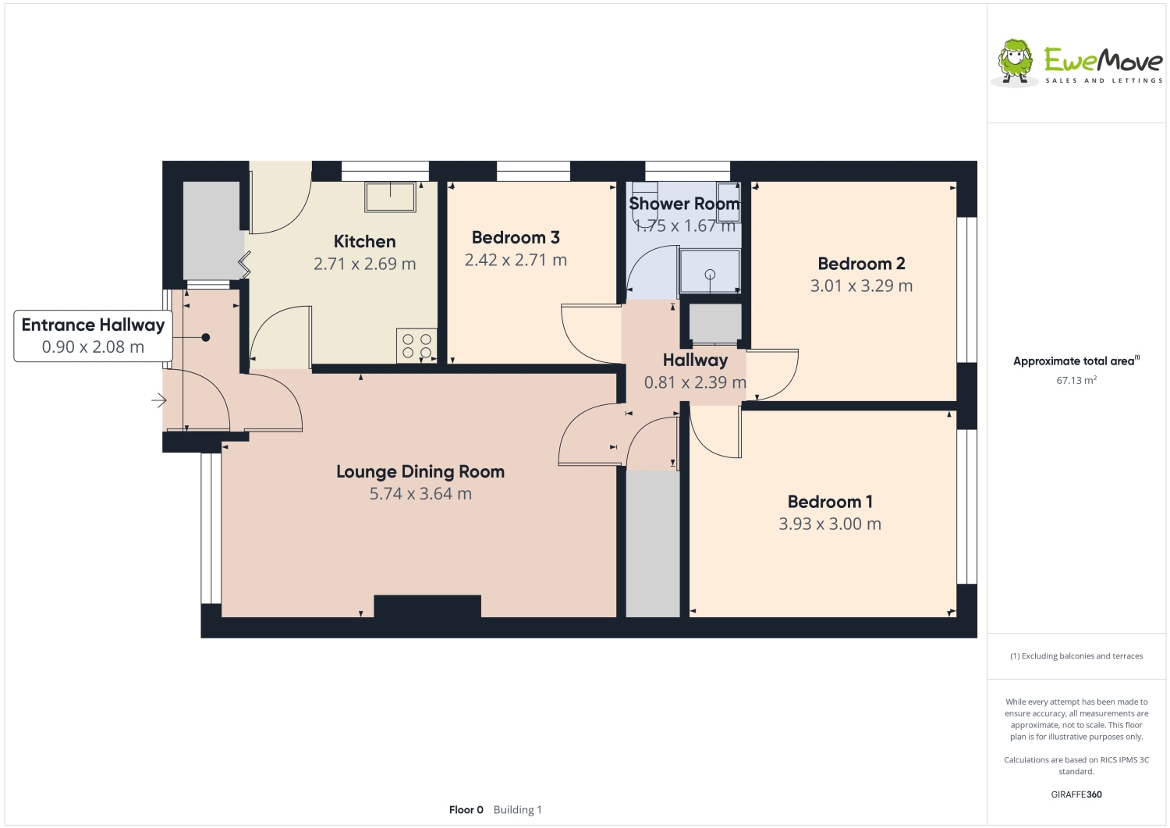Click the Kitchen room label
coord(364,242)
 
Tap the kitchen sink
coord(390,197)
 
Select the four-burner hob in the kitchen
coord(417,346)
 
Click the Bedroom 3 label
coord(516,238)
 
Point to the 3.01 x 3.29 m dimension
coord(861,286)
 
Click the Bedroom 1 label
coord(830,502)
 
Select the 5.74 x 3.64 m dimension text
coord(420,494)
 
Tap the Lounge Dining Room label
coord(420,472)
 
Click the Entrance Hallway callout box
coord(93,336)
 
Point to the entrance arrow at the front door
coord(159,401)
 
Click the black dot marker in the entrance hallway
coord(206,338)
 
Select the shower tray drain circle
coord(710,274)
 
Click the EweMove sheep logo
coord(1016,61)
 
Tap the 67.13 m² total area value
coord(1076,381)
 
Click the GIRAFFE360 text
coord(1076,794)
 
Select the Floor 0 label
coord(466,810)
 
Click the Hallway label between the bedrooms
coord(695,361)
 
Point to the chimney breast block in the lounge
coord(427,606)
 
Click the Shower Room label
coord(684,204)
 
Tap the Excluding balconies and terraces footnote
coord(1076,656)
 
